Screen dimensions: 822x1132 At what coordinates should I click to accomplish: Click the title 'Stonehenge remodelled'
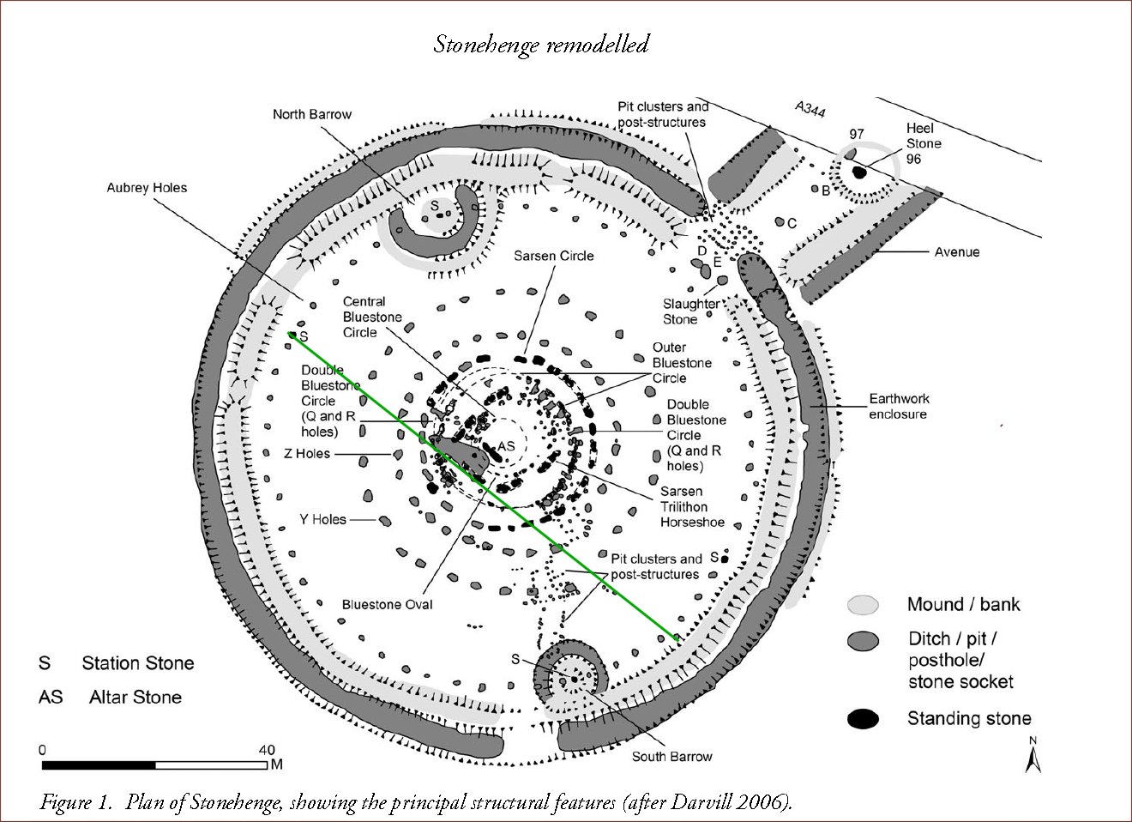pos(540,44)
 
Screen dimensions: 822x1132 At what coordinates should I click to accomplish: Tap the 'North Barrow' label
pos(312,114)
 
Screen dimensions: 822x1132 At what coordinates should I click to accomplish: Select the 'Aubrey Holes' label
pos(147,188)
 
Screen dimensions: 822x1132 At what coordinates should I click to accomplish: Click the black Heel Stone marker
pos(858,172)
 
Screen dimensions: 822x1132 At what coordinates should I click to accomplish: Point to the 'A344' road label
pos(810,110)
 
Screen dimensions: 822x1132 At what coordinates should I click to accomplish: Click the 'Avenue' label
pos(957,252)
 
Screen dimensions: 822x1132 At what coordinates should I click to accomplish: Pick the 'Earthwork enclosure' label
pos(899,407)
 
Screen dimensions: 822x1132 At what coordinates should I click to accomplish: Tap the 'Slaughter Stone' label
pos(691,311)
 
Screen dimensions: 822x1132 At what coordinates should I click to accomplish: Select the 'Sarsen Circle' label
pos(553,256)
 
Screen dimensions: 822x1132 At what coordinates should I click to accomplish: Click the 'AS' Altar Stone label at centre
pos(506,446)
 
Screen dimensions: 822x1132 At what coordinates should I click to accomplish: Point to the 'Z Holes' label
pos(307,454)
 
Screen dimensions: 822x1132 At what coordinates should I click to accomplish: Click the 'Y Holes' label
pos(322,519)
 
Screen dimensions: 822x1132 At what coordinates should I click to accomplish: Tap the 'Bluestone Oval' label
pos(387,604)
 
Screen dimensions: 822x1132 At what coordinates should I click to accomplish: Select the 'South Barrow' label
pos(671,757)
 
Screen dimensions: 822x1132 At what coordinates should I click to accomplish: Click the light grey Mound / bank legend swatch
pos(864,604)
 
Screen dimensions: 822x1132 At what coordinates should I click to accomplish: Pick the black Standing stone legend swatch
pos(864,719)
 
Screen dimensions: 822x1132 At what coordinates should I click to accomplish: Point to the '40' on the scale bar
pos(267,749)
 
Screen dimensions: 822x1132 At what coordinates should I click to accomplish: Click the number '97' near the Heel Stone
pos(856,134)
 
